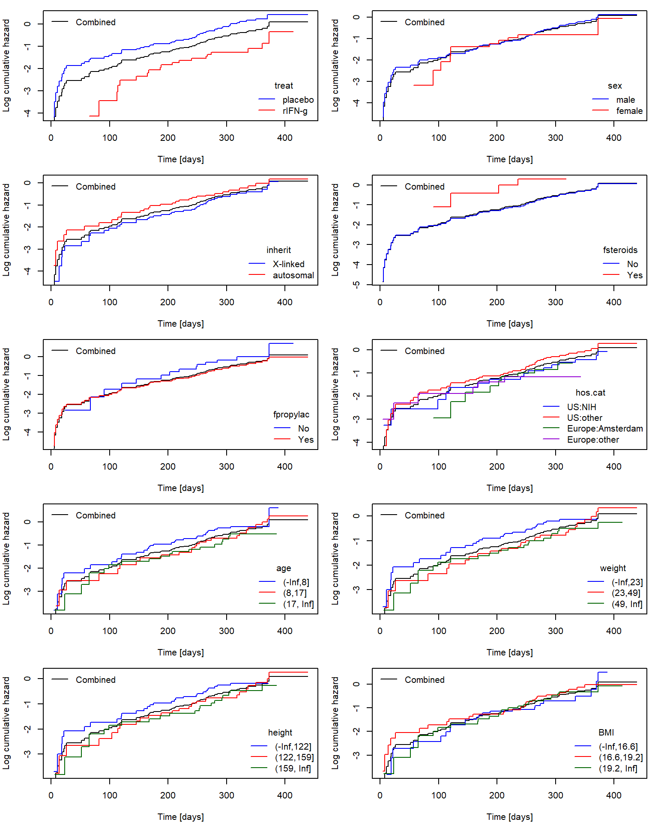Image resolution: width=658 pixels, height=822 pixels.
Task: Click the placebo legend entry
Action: pos(298,100)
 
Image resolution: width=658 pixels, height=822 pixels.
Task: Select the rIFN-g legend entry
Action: pos(295,111)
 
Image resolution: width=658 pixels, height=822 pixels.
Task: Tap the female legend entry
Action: pos(629,111)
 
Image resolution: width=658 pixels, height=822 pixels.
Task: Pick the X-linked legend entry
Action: pos(288,264)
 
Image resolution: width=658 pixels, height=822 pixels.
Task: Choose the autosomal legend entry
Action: pos(293,275)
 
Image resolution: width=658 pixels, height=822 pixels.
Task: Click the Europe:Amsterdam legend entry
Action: pos(604,429)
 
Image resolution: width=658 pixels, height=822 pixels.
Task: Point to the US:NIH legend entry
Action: pos(581,407)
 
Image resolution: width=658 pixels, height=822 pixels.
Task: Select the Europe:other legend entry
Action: pos(593,440)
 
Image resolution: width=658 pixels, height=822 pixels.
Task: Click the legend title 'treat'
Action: pos(284,86)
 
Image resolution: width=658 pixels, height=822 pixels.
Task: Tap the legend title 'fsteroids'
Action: pos(620,250)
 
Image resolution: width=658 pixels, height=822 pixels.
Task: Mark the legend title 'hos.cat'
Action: pos(590,393)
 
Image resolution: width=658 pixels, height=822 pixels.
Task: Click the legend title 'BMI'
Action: pos(606,733)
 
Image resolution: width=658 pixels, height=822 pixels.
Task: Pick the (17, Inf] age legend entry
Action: pos(298,604)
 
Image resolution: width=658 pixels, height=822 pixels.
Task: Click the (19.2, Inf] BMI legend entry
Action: pos(618,768)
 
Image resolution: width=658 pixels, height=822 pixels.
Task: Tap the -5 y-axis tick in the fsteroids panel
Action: pos(356,284)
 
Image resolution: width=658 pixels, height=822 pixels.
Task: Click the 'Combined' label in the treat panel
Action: pos(96,22)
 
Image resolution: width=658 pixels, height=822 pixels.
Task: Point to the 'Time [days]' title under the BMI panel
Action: pos(509,817)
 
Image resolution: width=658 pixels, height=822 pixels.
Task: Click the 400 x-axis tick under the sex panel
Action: pos(613,138)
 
